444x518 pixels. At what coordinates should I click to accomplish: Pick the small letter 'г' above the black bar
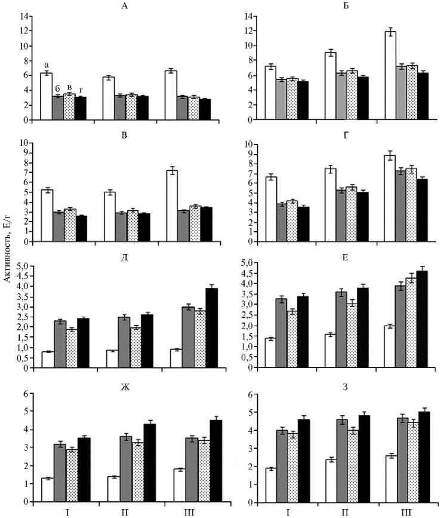point(81,90)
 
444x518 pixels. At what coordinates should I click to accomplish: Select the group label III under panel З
point(406,512)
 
